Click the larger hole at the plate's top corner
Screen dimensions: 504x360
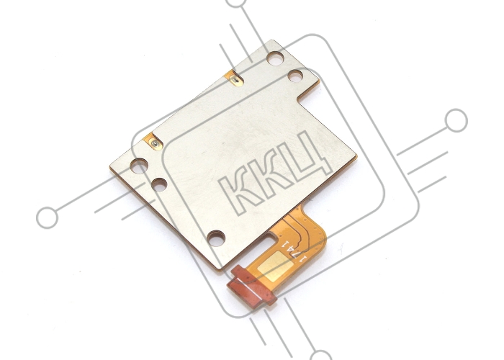(x=276, y=58)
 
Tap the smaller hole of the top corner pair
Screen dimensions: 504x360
(x=295, y=76)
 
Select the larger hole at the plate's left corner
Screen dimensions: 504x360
(x=139, y=166)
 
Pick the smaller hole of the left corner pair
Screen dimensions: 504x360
(x=159, y=185)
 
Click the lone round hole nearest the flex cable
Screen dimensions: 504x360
(x=216, y=238)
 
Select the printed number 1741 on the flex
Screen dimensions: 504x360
(x=294, y=251)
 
